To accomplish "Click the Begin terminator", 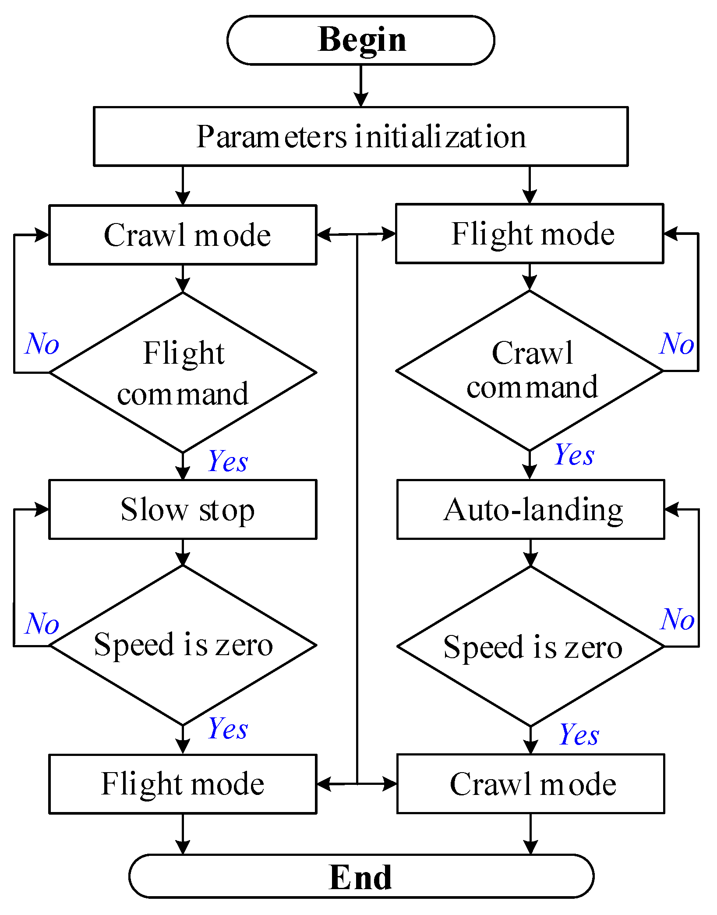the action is point(361,40).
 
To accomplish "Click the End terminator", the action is point(361,876).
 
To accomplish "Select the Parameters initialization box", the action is point(361,136).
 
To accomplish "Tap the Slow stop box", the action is point(183,509).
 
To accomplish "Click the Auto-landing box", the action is point(531,509).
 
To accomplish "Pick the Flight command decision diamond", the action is point(183,372).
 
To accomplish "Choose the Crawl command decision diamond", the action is point(530,371).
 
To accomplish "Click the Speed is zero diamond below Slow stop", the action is point(183,645).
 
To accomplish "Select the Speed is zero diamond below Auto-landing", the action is point(531,646).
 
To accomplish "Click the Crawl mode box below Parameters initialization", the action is point(183,235).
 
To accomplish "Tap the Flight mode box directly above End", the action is point(183,784).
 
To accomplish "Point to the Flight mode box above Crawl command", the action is point(530,234).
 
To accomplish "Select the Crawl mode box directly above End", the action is point(531,784).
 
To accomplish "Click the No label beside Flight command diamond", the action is point(42,344).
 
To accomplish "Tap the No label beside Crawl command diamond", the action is point(677,344).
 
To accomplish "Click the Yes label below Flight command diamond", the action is point(228,461).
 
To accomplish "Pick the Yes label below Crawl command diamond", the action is point(575,454).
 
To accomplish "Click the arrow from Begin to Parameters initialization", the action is point(361,86).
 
